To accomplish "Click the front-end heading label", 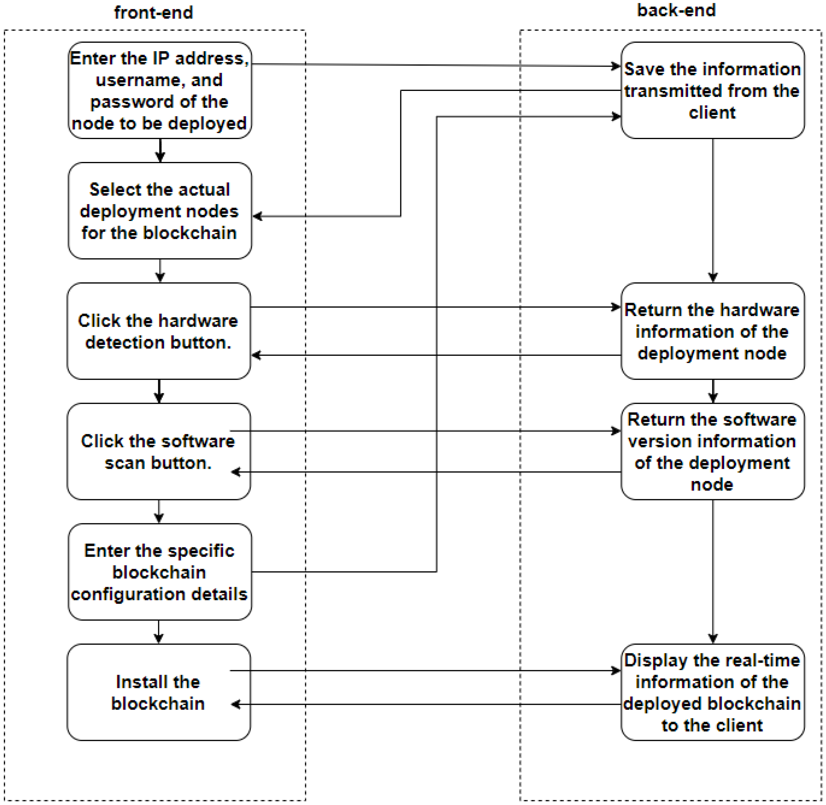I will click(x=153, y=13).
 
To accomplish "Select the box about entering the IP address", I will click(x=160, y=90).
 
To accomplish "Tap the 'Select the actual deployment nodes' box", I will click(x=160, y=210).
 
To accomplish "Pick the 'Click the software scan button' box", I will click(x=158, y=451).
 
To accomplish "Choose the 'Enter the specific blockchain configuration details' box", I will click(x=160, y=572).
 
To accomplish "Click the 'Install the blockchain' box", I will click(x=158, y=692).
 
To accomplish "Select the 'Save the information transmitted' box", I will click(x=712, y=90).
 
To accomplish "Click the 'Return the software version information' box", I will click(x=712, y=451).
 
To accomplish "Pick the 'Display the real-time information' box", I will click(x=712, y=692).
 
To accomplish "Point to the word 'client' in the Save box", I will click(x=712, y=113).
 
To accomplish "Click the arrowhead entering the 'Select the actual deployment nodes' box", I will click(x=257, y=216).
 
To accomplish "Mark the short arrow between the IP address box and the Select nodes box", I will click(x=160, y=151).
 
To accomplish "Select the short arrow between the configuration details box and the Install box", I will click(x=159, y=632).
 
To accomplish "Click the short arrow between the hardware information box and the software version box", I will click(x=713, y=391).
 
